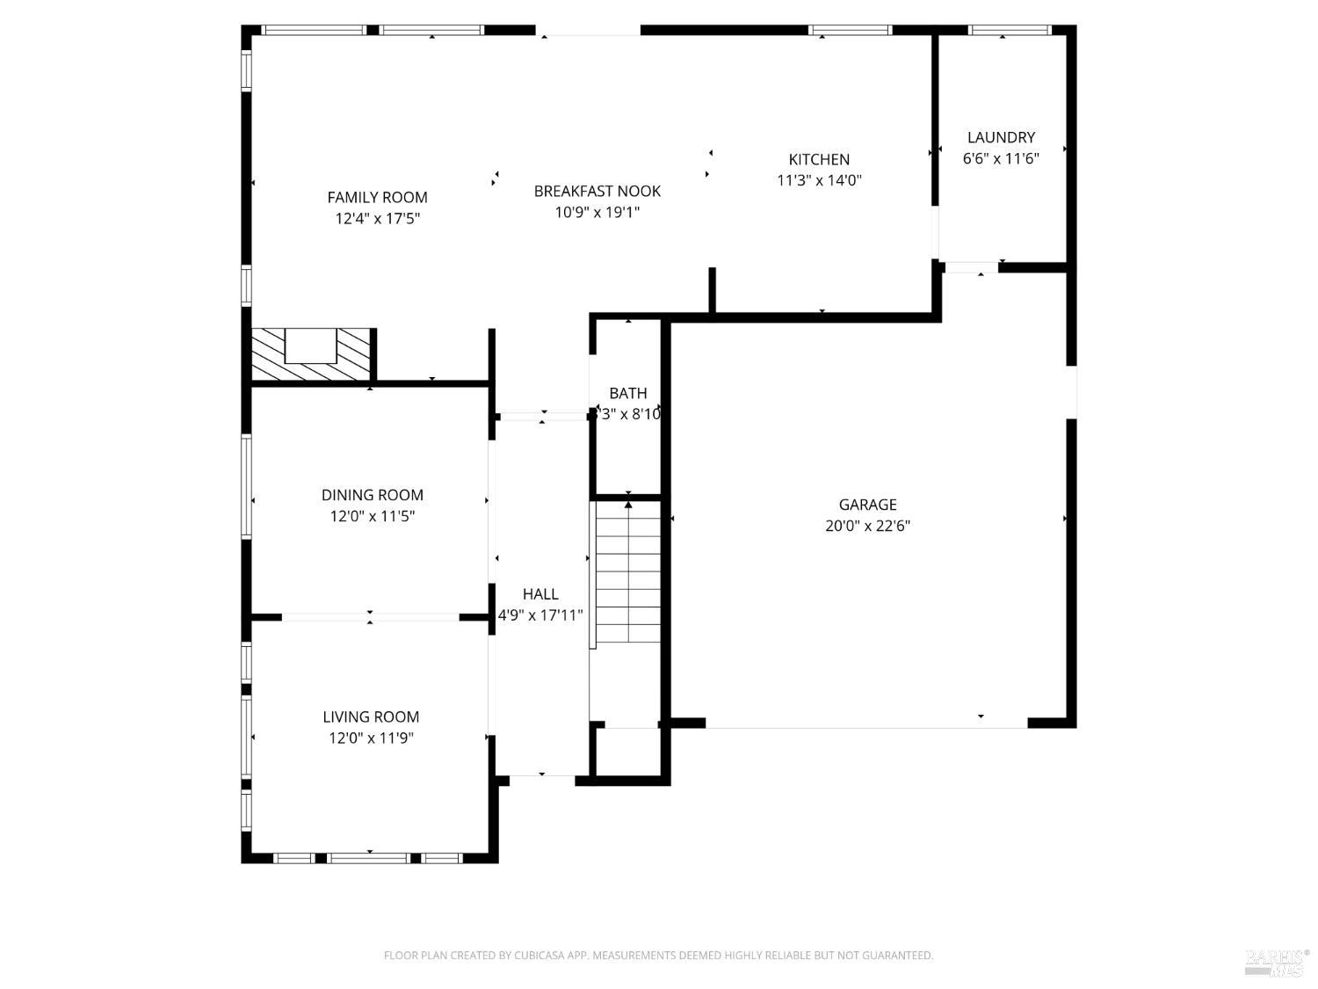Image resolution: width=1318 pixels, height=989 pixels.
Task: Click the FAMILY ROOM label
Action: pos(377,198)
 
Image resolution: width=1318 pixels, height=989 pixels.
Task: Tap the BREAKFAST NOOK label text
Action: pos(597,191)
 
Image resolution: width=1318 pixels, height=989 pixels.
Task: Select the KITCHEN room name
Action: pos(819,159)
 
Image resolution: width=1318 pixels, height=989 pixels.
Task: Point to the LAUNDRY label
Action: pos(1001,137)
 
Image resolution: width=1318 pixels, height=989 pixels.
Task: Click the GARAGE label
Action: pos(867,505)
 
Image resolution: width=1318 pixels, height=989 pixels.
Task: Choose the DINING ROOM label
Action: pos(372,495)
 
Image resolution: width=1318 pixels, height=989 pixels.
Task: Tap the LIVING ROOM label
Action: pos(371,716)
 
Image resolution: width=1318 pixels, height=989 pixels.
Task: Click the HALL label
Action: pos(540,594)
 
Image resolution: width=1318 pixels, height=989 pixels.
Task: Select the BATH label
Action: pos(628,393)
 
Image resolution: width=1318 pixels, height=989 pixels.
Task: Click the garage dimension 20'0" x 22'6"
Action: pos(867,527)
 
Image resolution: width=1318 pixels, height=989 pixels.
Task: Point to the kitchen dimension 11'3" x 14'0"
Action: pos(819,181)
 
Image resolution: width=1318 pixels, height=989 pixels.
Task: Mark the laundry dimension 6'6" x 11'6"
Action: pos(1001,159)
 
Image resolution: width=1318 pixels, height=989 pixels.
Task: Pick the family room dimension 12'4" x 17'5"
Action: pos(377,219)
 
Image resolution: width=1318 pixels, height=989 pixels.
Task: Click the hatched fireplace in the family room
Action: pos(310,354)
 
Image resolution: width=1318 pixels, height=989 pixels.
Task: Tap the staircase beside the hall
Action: pos(627,571)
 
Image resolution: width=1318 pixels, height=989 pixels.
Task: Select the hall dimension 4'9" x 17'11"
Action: pos(540,615)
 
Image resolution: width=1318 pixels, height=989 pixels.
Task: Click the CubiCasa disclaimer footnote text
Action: pos(658,956)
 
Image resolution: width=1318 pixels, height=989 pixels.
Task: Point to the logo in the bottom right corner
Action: pos(1277,961)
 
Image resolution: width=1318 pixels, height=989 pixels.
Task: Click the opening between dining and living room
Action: pos(370,617)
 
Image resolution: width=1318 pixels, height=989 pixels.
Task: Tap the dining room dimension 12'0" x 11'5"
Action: pos(372,517)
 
